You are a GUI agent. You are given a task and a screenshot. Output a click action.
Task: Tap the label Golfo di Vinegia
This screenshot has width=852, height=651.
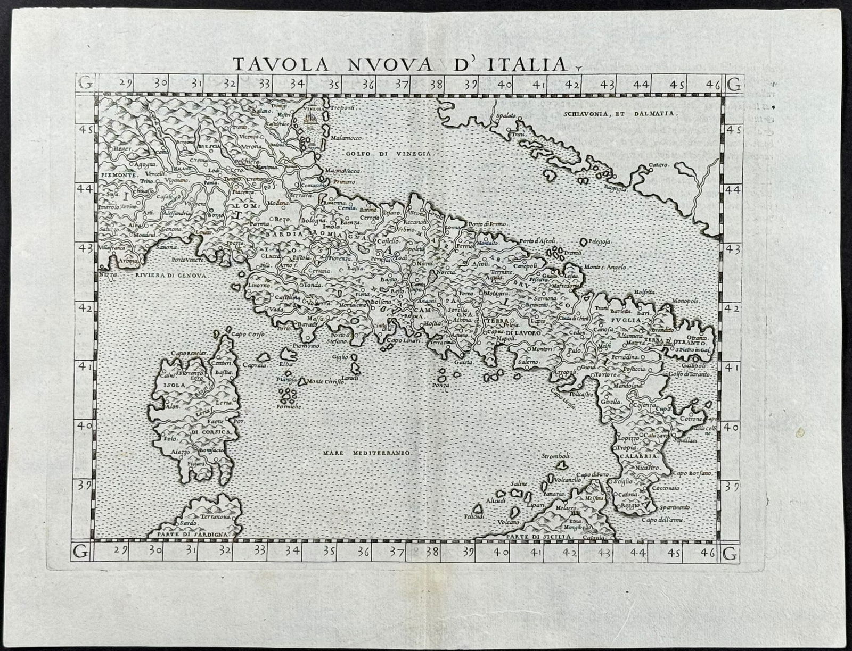pyautogui.click(x=390, y=153)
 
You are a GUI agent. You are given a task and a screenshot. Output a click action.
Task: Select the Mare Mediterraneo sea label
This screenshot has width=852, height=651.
pyautogui.click(x=365, y=453)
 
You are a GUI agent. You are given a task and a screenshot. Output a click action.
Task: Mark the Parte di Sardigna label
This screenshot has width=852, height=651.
pyautogui.click(x=189, y=533)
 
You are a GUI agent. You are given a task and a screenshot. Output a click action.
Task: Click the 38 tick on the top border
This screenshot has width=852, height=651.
pyautogui.click(x=436, y=84)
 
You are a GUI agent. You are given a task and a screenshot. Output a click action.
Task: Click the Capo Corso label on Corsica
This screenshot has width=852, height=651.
pyautogui.click(x=244, y=335)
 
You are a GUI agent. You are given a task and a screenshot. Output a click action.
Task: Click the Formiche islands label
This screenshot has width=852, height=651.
pyautogui.click(x=288, y=406)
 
